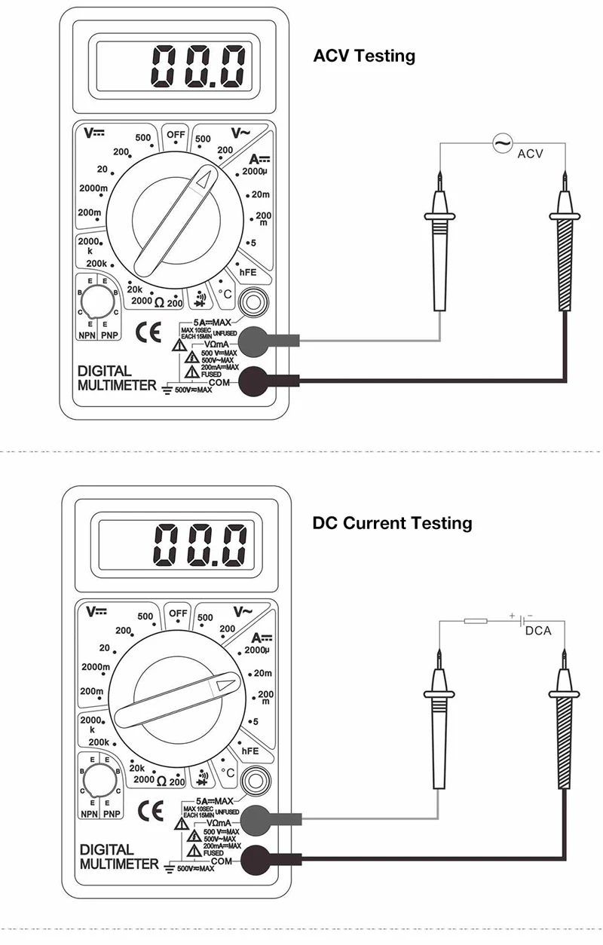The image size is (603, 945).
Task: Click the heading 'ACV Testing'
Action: click(x=364, y=56)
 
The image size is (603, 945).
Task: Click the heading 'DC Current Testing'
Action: click(x=392, y=522)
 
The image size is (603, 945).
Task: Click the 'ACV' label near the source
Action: click(x=530, y=154)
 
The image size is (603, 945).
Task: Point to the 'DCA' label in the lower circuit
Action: click(x=538, y=630)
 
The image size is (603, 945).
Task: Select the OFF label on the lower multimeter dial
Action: click(x=178, y=613)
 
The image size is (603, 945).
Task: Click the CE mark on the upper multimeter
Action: click(x=148, y=332)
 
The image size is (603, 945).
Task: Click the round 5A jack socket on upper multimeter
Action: click(x=252, y=303)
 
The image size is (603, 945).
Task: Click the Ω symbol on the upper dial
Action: click(x=160, y=303)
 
